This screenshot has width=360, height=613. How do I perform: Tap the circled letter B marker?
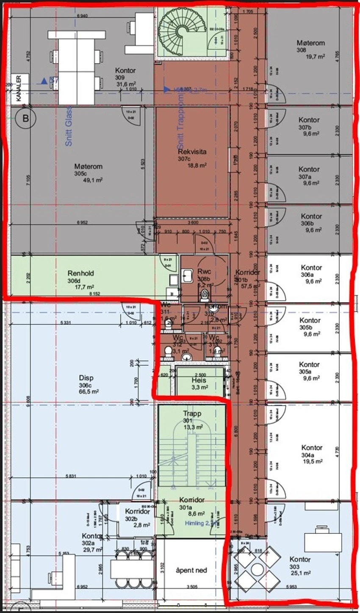26,119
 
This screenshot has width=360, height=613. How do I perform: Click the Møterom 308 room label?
310,43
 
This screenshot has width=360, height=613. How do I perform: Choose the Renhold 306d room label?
80,273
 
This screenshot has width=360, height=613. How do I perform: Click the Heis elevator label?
198,380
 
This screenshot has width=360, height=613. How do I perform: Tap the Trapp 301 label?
192,414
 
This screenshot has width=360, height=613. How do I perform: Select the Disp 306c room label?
86,378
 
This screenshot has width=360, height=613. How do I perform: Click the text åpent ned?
191,570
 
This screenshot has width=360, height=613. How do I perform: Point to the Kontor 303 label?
300,559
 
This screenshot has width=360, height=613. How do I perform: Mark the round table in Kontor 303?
257,570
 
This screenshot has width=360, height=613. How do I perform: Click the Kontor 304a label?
312,447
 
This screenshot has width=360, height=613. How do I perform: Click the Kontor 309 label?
125,70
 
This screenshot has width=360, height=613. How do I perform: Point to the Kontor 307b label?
309,120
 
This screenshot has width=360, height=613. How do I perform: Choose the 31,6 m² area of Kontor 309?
125,84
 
